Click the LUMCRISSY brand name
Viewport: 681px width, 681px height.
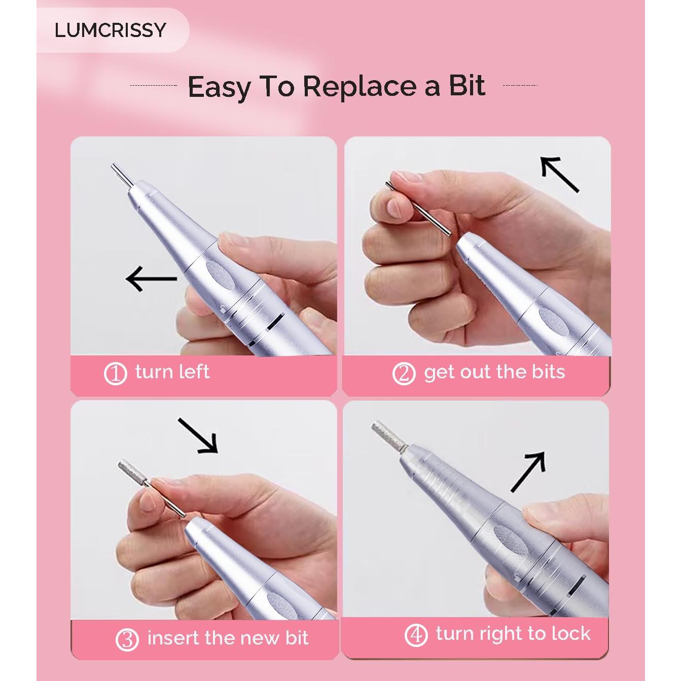click(110, 30)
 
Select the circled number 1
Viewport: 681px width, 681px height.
click(115, 374)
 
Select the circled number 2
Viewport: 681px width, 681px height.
click(404, 374)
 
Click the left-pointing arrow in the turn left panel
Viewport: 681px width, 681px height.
click(151, 278)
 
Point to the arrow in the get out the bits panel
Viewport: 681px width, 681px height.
click(559, 173)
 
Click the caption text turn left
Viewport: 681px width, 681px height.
click(172, 372)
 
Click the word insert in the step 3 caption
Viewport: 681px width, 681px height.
click(173, 638)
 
